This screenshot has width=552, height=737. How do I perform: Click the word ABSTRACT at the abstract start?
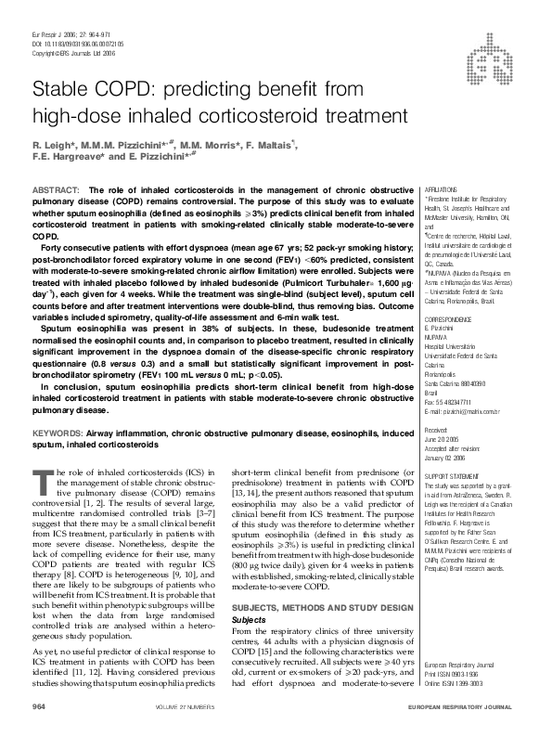[x=53, y=190]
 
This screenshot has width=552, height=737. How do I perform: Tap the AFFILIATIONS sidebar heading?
[x=440, y=188]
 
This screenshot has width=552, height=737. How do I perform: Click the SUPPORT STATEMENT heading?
[x=451, y=476]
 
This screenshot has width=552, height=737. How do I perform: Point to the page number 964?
[x=39, y=707]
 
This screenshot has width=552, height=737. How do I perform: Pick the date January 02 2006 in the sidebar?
[x=450, y=457]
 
